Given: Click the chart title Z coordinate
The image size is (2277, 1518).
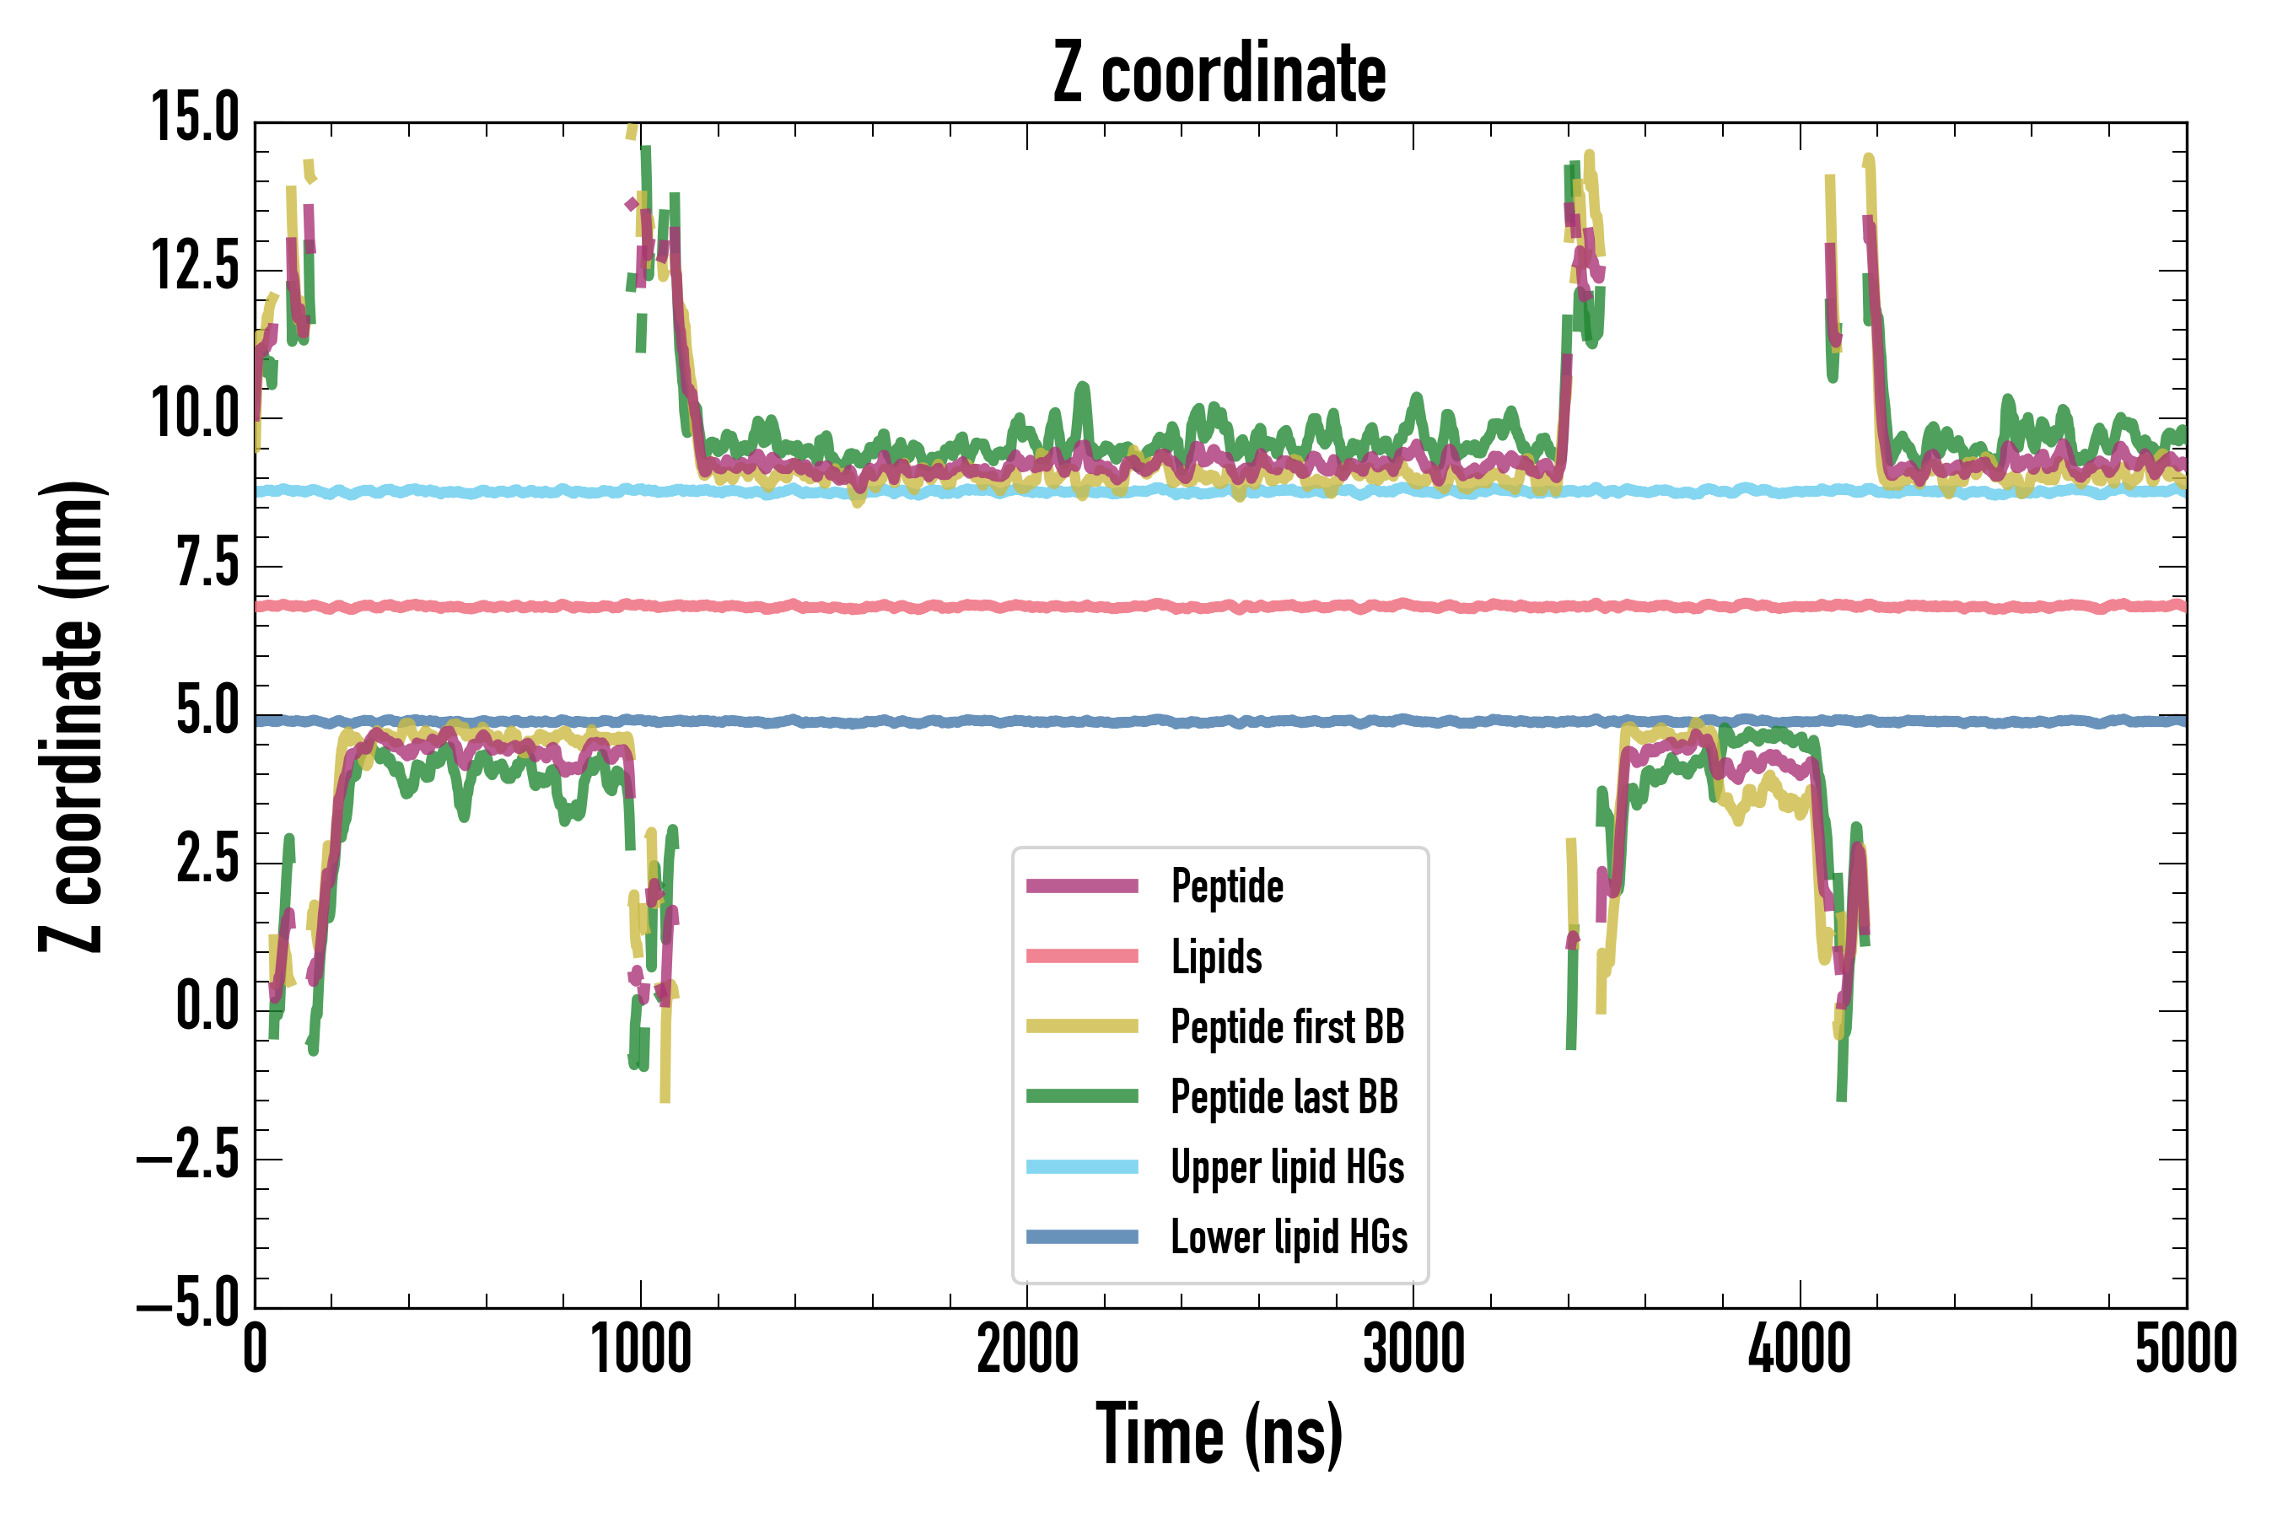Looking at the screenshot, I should point(1219,73).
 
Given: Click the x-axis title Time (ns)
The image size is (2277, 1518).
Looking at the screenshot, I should point(1219,1435).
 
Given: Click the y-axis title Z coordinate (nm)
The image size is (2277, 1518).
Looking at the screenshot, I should point(72,716).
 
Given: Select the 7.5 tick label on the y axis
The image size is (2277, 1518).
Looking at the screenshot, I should point(207,563).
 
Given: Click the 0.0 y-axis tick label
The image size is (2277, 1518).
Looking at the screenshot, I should point(207,1007).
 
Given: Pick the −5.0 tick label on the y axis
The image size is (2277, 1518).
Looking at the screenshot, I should point(190,1303).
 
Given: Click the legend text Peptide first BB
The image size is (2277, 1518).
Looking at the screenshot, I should point(1287,1027).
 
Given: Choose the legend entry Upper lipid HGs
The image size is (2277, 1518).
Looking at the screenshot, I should point(1287,1167).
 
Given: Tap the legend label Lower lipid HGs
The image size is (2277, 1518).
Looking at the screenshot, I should point(1289,1237).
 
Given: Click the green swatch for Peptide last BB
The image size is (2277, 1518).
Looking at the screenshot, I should point(1081,1095).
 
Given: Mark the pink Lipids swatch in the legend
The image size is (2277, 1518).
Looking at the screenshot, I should point(1081,956).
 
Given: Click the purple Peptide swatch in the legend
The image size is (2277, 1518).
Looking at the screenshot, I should point(1081,885).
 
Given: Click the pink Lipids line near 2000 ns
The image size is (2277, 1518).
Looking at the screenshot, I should point(1027,607).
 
